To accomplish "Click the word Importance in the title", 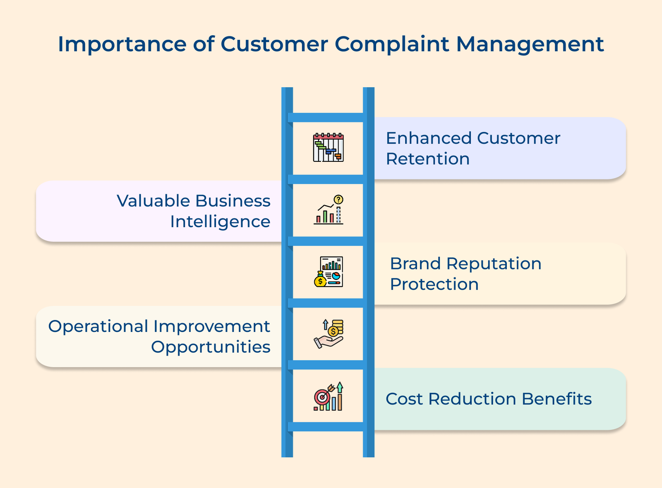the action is click(x=122, y=45).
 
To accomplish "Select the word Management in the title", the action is click(x=530, y=45).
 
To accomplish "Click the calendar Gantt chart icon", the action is click(x=329, y=147).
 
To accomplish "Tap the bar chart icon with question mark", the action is click(x=329, y=209).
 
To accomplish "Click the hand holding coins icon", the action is click(x=329, y=334).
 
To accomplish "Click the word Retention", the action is click(x=428, y=159).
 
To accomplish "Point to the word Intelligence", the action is click(x=220, y=222).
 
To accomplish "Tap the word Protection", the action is click(x=434, y=284).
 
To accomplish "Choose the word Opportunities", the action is click(x=211, y=347).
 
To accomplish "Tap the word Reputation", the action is click(x=494, y=264).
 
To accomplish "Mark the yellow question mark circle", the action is click(x=338, y=200).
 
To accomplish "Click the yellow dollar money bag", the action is click(x=320, y=279).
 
